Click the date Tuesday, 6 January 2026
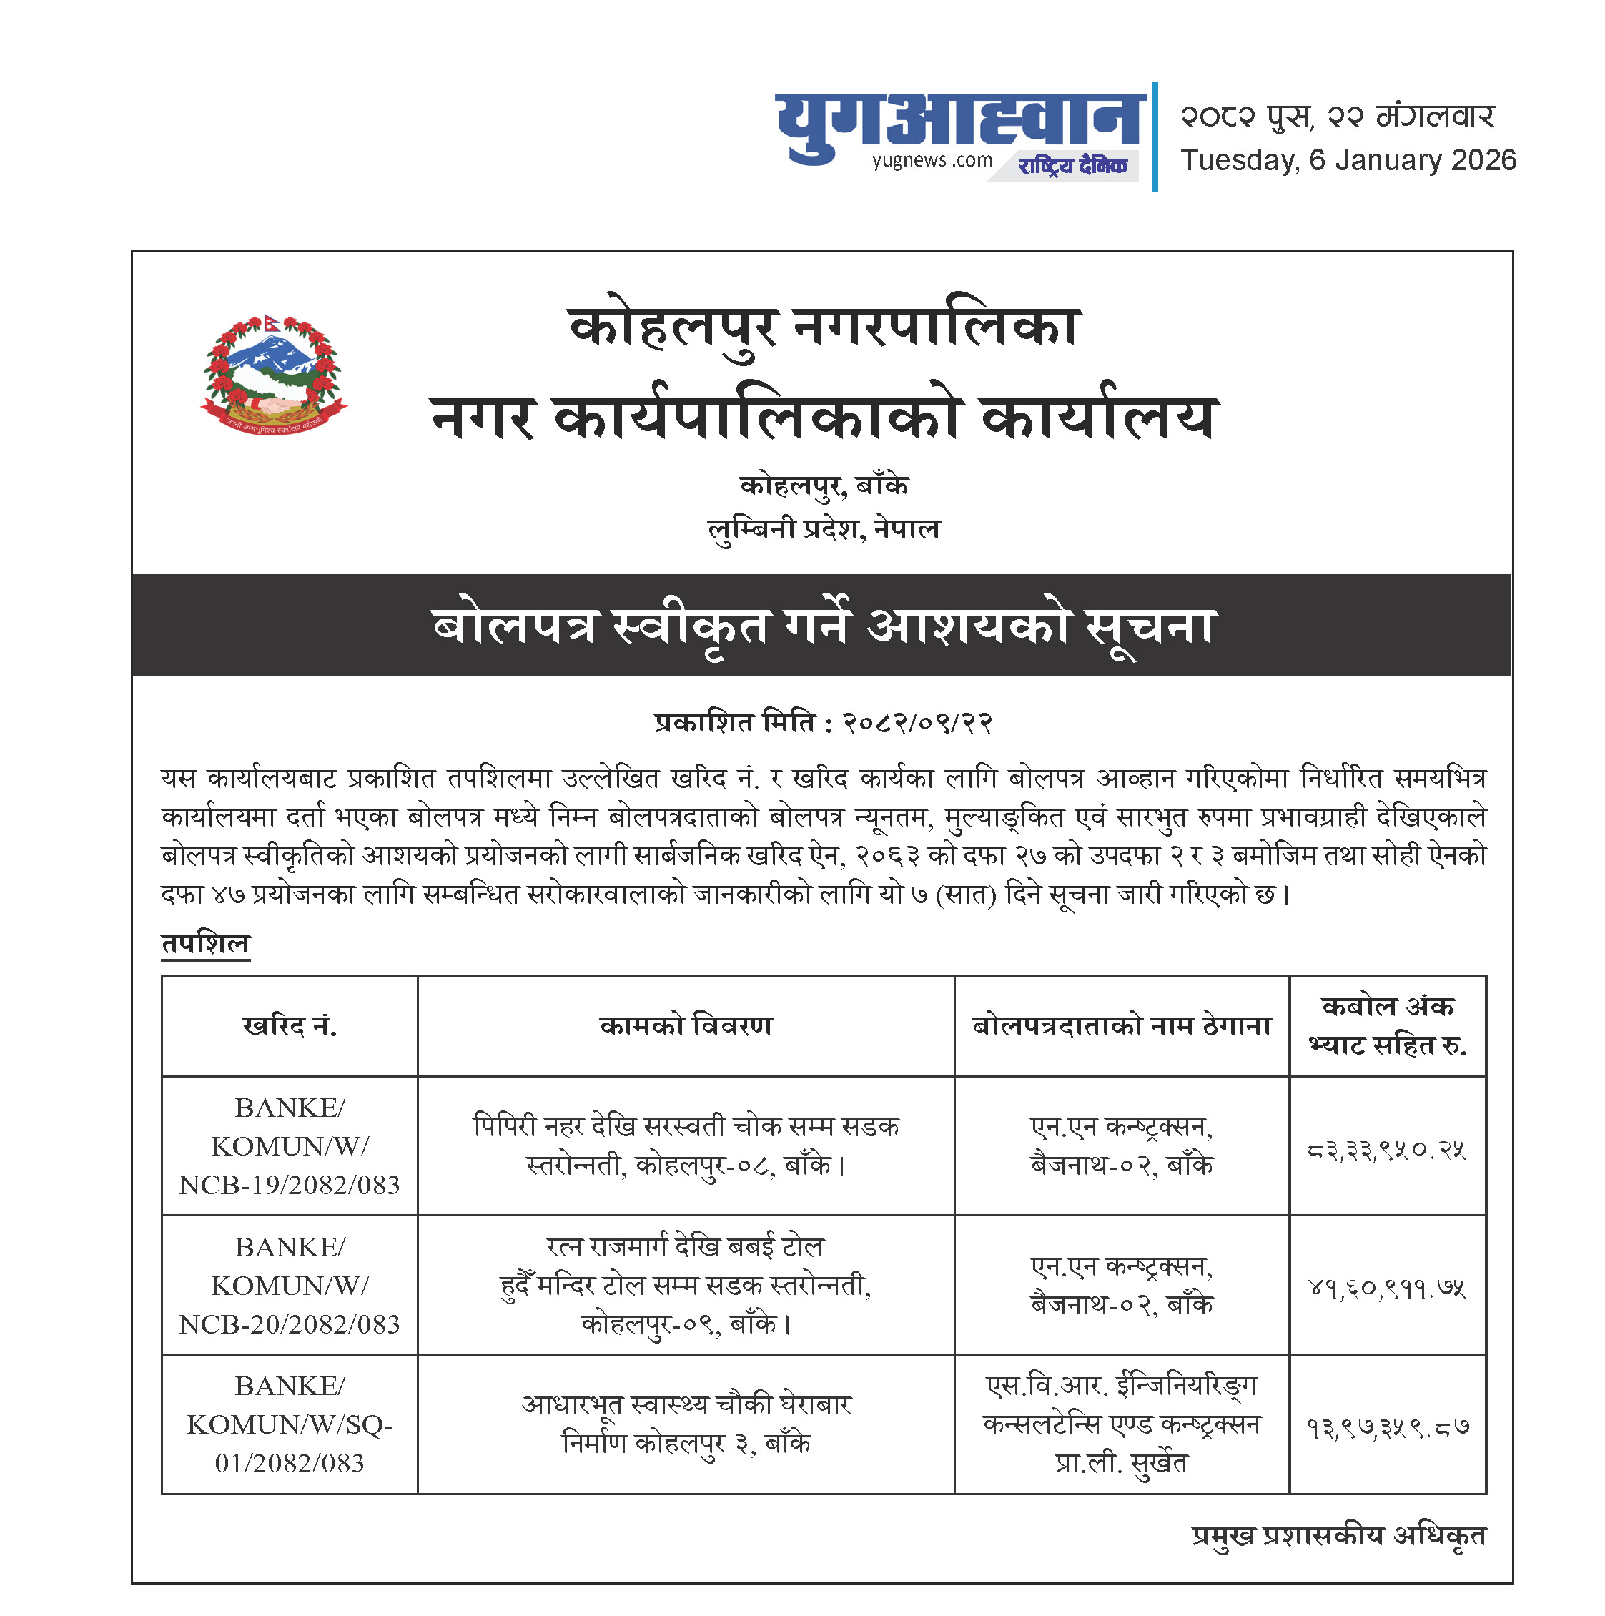click(x=1348, y=161)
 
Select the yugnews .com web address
click(x=931, y=161)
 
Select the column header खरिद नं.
click(x=290, y=1025)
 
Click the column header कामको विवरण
click(x=686, y=1025)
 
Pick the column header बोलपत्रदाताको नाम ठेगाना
click(x=1121, y=1025)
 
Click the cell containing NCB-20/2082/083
click(x=290, y=1286)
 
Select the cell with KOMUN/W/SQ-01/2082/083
click(x=290, y=1424)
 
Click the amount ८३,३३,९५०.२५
click(x=1387, y=1151)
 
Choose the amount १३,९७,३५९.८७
click(x=1387, y=1428)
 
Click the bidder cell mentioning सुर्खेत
click(x=1121, y=1424)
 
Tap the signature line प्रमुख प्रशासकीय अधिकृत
click(x=1338, y=1536)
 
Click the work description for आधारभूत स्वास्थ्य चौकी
click(x=686, y=1424)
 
